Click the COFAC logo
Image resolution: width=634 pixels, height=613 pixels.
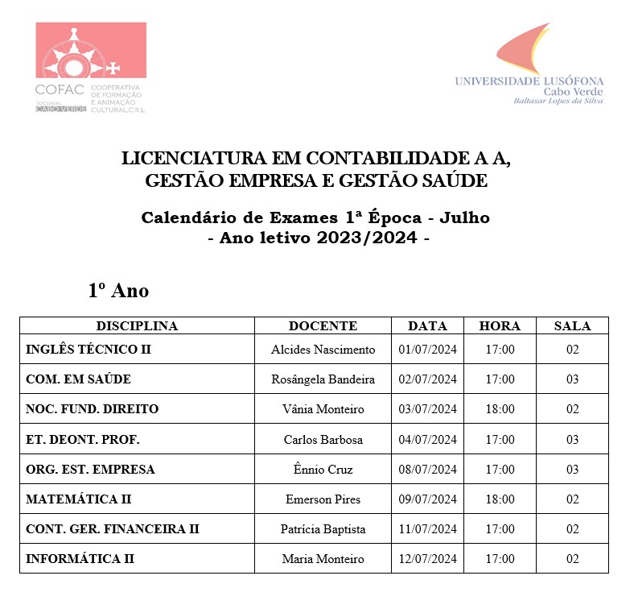point(90,68)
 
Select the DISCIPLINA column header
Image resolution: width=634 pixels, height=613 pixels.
point(137,326)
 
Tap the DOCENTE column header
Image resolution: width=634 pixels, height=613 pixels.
point(323,326)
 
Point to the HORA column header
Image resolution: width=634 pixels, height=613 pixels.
point(500,326)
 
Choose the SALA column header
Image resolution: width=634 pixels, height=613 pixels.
point(572,326)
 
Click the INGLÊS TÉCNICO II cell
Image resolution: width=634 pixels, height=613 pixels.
point(89,350)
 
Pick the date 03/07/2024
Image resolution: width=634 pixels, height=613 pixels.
point(427,409)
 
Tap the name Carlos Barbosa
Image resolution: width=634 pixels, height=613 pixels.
point(323,440)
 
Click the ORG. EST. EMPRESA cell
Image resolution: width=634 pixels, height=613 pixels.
point(90,470)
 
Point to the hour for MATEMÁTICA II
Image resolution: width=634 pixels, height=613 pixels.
point(500,499)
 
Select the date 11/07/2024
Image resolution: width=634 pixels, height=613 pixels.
point(427,529)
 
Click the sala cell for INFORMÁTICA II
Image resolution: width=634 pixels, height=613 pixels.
point(572,559)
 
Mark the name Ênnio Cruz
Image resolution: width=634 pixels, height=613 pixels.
point(323,470)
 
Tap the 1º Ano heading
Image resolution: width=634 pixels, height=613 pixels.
point(118,290)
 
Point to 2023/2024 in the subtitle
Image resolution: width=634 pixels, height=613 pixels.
point(372,238)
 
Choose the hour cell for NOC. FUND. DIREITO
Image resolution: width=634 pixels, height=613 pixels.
point(500,409)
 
